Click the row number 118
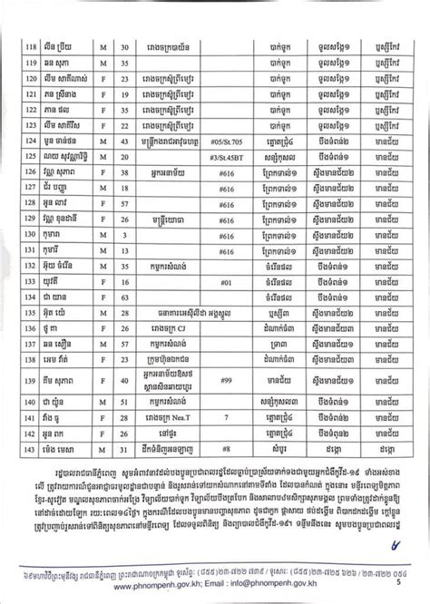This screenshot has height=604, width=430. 28,41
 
